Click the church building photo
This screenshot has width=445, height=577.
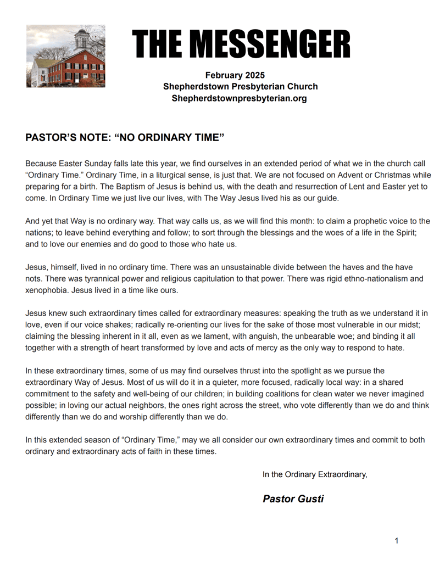[66, 56]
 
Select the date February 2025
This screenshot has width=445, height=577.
[235, 75]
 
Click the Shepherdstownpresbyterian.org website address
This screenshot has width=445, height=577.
[239, 98]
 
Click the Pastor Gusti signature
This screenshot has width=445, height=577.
[293, 499]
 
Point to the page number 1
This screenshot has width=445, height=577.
[397, 541]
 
